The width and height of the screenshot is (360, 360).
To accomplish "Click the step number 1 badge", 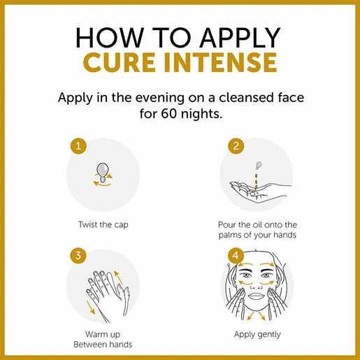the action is (78, 146).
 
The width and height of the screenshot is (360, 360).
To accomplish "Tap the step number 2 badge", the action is (236, 146).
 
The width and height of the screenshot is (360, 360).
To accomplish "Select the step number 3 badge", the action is (78, 255).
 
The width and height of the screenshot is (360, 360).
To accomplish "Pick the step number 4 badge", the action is (236, 255).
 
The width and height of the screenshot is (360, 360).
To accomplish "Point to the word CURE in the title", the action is (120, 62).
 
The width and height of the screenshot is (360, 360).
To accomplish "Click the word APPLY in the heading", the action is (240, 38).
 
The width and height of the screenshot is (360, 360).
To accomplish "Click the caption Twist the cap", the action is (103, 224).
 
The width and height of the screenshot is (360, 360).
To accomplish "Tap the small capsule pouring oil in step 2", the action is (259, 165).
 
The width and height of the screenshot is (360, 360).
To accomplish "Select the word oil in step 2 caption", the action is (257, 224).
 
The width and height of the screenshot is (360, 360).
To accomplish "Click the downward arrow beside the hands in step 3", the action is (91, 307).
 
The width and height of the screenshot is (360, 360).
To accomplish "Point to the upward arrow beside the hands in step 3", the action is (118, 278).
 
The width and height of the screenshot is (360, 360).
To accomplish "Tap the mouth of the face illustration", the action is (256, 296).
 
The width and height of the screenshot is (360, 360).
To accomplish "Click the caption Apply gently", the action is (257, 335).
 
